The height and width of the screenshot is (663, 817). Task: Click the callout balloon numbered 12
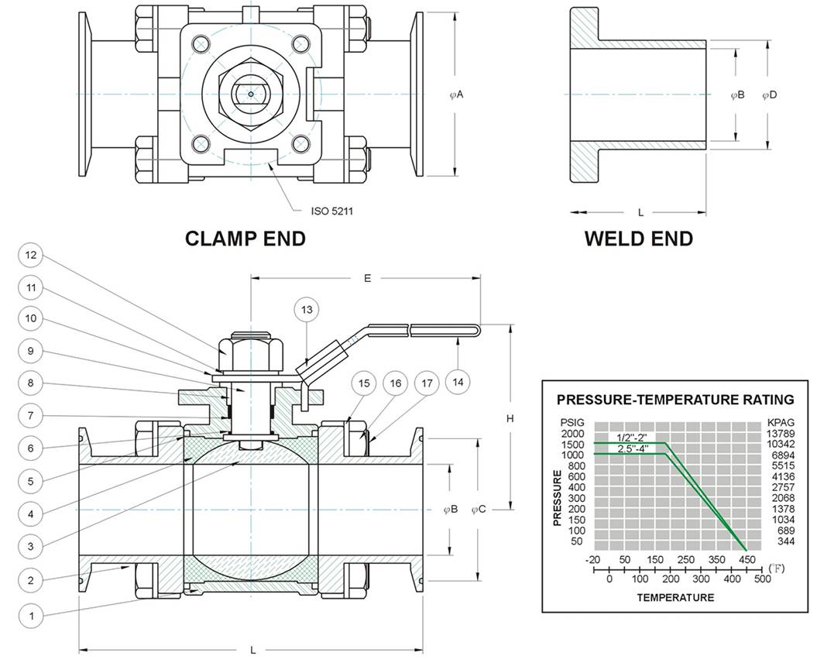(x=31, y=255)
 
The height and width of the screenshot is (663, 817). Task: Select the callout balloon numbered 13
(x=307, y=310)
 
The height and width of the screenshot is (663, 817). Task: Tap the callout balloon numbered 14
(x=458, y=382)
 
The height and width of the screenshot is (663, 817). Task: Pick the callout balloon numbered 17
(x=427, y=383)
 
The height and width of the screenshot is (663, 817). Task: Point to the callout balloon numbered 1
(x=31, y=616)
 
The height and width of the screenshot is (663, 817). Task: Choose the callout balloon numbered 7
(x=31, y=416)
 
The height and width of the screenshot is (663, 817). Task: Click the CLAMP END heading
(x=245, y=239)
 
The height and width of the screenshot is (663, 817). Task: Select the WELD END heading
(x=638, y=239)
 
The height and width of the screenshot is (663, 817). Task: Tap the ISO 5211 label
(x=332, y=211)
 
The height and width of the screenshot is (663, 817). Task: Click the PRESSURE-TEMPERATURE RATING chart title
(x=675, y=400)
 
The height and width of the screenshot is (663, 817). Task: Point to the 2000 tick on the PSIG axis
(x=572, y=434)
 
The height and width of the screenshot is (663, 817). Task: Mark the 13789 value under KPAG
(x=781, y=434)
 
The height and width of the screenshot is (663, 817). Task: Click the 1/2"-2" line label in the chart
(x=631, y=438)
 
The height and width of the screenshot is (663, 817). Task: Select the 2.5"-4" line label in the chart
(x=633, y=448)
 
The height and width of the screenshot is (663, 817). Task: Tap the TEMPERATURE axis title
(x=675, y=597)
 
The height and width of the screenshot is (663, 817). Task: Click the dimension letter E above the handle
(x=367, y=278)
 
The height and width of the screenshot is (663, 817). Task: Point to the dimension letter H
(x=510, y=418)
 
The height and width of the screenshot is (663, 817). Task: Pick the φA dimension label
(x=456, y=94)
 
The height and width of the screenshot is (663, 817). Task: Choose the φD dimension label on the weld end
(x=769, y=94)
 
